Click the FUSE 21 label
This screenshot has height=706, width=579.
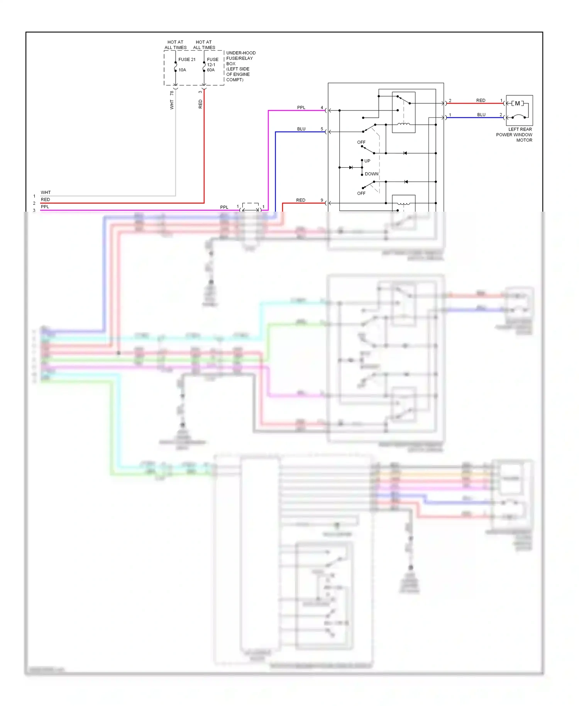187,59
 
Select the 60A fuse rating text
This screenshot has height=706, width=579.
211,70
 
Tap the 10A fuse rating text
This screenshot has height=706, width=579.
182,70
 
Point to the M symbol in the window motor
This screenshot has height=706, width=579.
517,104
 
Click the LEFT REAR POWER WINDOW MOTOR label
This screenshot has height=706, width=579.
514,135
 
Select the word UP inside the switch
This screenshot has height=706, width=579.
367,161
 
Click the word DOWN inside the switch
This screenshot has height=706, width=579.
371,174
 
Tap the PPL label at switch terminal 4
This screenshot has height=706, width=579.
301,108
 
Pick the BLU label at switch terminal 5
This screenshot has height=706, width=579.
301,129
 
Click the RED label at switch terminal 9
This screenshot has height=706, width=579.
301,200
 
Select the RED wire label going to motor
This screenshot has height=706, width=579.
481,100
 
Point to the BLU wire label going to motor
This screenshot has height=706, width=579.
481,115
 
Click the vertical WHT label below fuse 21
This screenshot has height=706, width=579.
172,105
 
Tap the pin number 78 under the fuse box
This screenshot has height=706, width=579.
172,93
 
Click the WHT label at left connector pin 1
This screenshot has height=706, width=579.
46,192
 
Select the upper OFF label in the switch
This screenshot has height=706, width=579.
361,143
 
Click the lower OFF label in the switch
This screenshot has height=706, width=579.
361,193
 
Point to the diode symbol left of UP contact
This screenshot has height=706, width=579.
351,168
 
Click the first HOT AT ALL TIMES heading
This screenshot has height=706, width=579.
175,45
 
